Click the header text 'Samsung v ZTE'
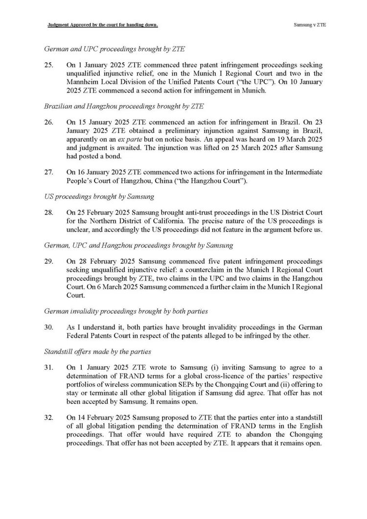pos(310,24)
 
